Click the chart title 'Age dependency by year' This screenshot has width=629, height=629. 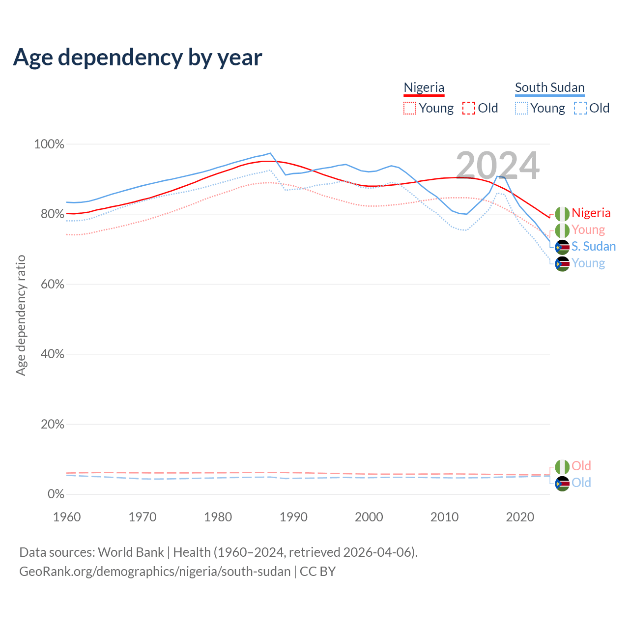coord(138,57)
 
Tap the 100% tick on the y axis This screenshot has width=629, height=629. coord(49,144)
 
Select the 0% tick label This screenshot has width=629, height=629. coord(56,494)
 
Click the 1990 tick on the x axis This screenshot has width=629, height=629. coord(293,517)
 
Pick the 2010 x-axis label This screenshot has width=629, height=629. coord(444,517)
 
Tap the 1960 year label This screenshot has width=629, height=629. coord(67,517)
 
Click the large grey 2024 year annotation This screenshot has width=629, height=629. coord(497,166)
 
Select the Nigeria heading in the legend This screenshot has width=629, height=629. coord(424,87)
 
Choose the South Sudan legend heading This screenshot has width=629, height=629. coord(549,87)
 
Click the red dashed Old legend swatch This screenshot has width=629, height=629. coord(469,108)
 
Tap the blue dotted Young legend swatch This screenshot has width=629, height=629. coord(521,108)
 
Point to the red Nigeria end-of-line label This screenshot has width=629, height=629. coord(591,213)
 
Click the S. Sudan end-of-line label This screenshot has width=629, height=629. coord(593,247)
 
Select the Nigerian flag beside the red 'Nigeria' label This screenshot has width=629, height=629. coord(562,214)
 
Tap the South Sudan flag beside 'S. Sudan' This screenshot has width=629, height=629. coord(562,247)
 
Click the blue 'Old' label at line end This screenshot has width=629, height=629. coord(581,483)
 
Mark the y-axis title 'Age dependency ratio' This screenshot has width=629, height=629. coord(21,315)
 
